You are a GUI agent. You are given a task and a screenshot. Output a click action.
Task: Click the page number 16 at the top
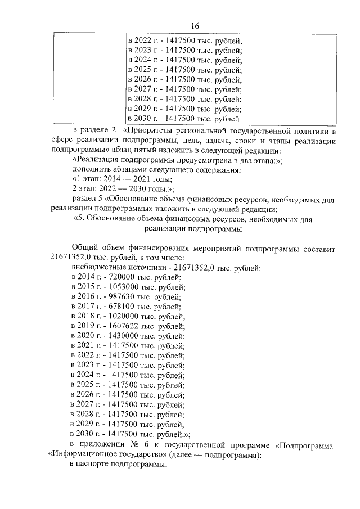pos(195,26)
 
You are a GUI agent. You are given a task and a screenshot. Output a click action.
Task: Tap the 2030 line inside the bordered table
pos(184,119)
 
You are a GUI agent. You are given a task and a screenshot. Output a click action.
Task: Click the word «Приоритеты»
pos(156,132)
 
